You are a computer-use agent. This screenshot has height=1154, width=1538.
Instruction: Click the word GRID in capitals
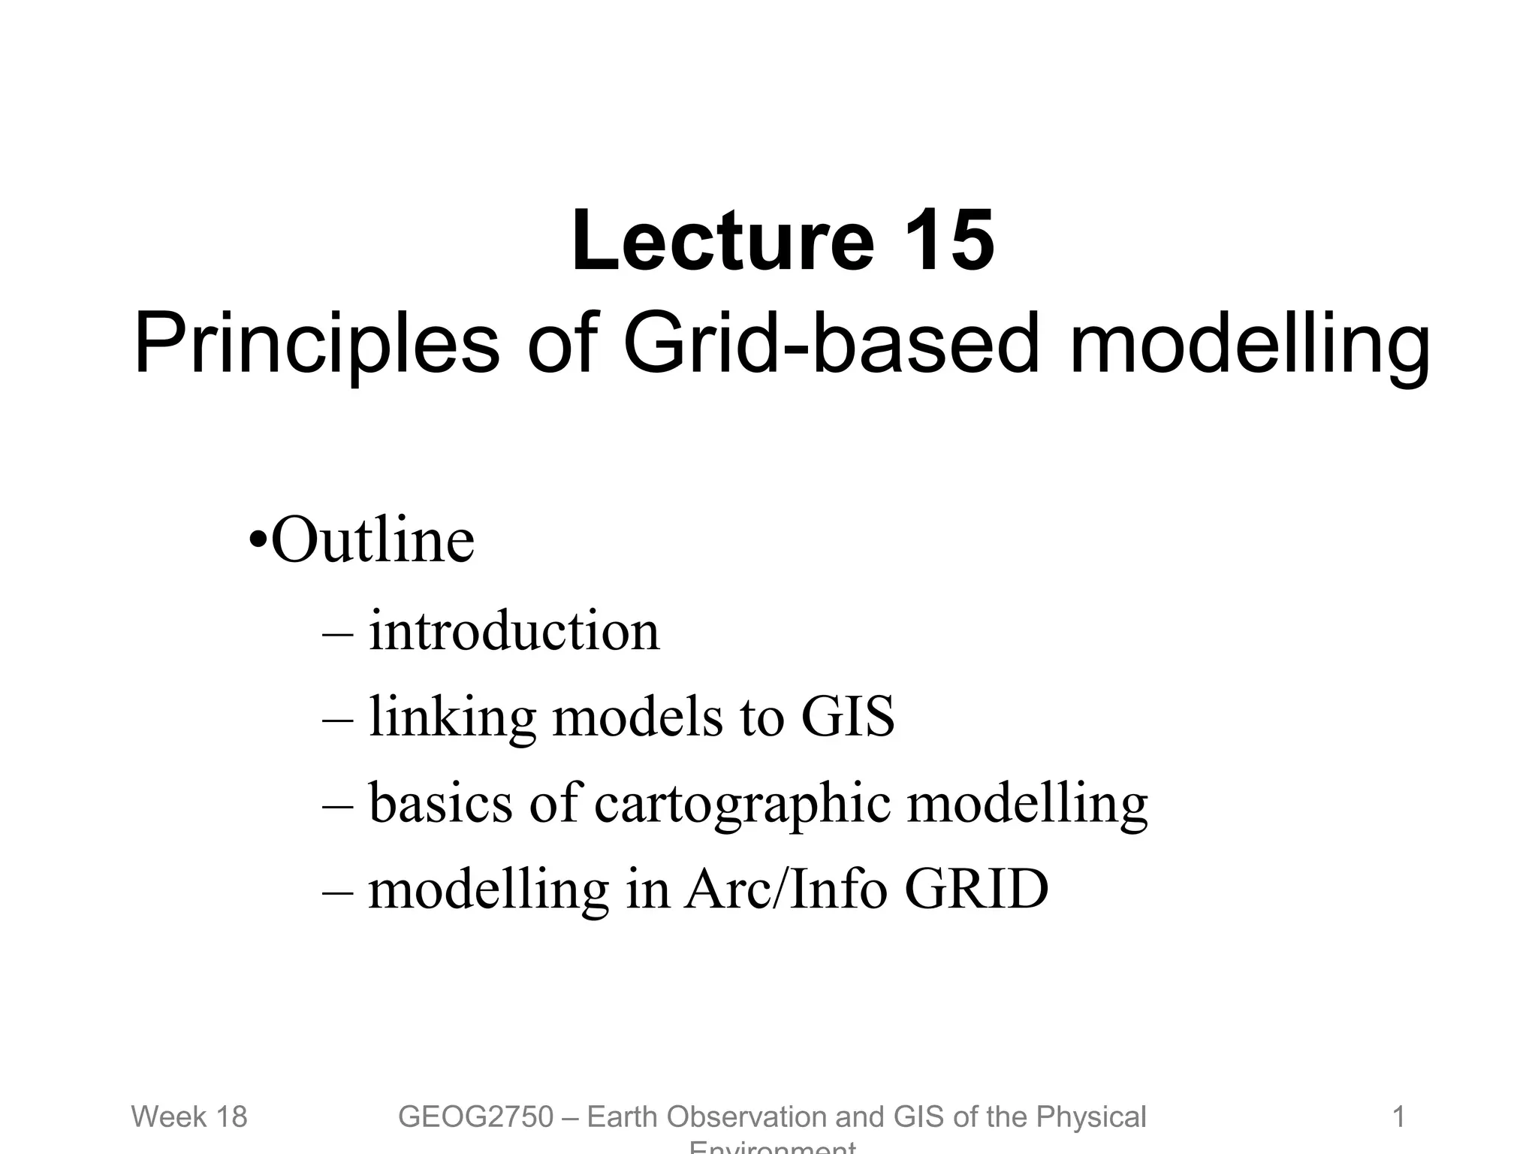click(x=976, y=890)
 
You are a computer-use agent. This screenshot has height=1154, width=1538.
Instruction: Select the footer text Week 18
click(x=189, y=1117)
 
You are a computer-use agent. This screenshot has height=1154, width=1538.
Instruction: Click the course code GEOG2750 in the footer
click(x=475, y=1117)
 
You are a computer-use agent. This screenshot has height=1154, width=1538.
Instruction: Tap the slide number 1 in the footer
click(x=1398, y=1117)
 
